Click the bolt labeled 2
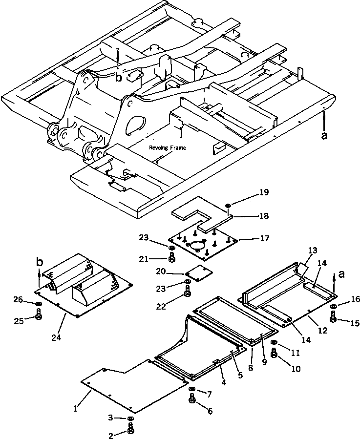pos(130,429)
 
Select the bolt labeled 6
pos(191,401)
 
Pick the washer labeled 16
pos(333,306)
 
